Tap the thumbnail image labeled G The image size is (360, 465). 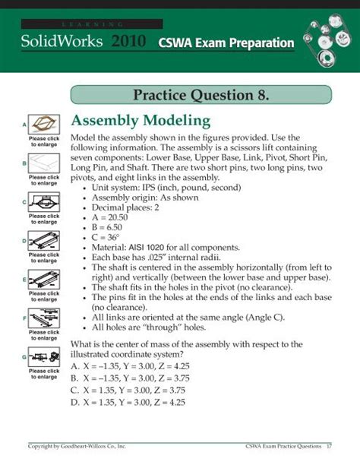coord(44,358)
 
